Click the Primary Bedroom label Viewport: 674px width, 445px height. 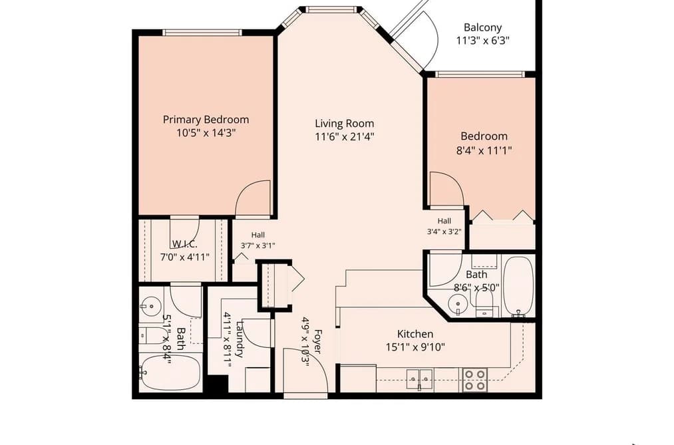(206, 120)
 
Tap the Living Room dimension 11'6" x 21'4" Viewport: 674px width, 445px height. (344, 137)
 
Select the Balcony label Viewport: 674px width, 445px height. (483, 27)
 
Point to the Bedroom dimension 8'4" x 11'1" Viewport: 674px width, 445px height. (484, 150)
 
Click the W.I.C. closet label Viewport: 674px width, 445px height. (185, 244)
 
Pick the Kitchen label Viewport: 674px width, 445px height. (415, 334)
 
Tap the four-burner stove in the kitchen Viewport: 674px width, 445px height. (474, 380)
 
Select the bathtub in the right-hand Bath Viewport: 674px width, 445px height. (519, 285)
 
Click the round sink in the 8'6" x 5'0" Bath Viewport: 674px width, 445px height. (457, 304)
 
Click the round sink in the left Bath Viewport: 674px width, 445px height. (151, 306)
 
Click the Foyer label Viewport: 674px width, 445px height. (317, 341)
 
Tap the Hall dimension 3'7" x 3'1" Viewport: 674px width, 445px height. (258, 245)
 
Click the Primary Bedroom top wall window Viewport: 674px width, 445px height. (202, 32)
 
